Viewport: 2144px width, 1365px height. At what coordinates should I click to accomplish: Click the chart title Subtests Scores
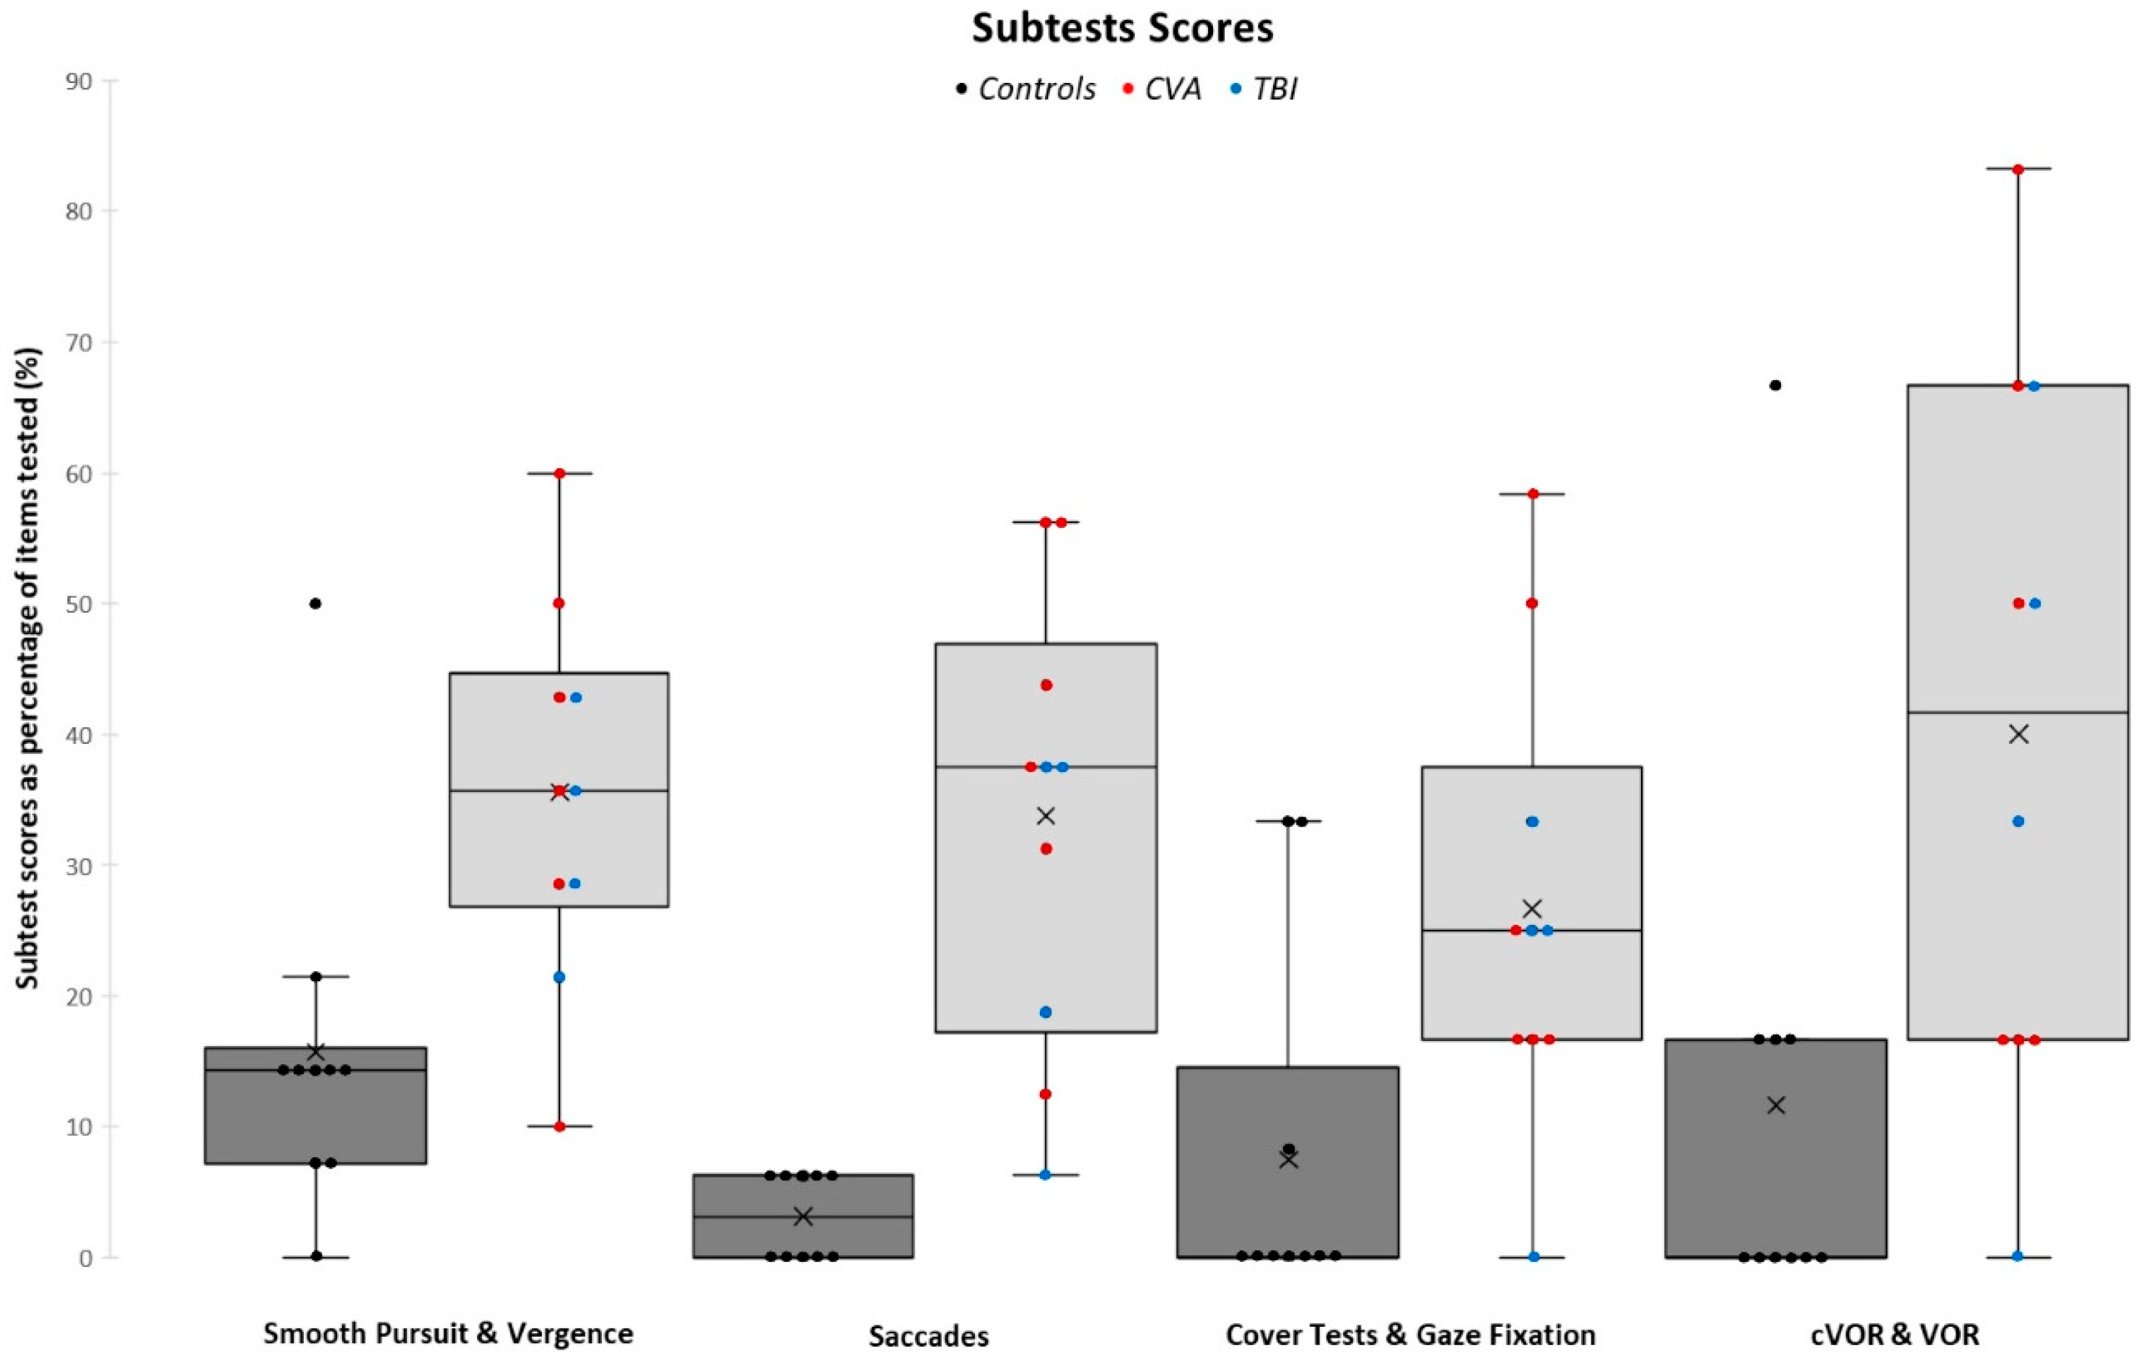click(1122, 27)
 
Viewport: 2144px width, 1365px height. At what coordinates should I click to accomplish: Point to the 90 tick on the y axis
click(79, 81)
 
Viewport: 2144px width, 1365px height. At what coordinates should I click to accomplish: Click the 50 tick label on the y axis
click(79, 604)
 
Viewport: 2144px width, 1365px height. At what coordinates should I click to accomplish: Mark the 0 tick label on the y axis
click(85, 1258)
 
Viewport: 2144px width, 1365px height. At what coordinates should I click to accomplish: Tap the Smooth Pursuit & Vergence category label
click(448, 1333)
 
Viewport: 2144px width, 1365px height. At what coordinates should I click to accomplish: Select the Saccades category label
click(929, 1335)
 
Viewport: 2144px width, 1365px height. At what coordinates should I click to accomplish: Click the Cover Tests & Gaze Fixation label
click(1410, 1334)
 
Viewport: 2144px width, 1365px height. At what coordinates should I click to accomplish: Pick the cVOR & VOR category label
click(1895, 1334)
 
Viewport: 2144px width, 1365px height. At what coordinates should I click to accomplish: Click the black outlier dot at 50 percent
click(315, 604)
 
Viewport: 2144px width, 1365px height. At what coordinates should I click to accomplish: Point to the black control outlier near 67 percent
click(1775, 385)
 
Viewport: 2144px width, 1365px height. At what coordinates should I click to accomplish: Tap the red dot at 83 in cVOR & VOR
click(2018, 169)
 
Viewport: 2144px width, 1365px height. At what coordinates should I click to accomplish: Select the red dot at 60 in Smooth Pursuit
click(559, 473)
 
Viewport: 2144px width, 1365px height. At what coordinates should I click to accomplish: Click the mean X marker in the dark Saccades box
click(803, 1216)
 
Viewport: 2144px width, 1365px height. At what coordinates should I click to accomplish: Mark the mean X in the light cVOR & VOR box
click(2018, 734)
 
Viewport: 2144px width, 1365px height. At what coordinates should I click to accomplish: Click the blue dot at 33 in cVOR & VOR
click(2018, 821)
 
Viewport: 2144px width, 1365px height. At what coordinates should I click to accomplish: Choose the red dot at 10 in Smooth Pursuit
click(559, 1126)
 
